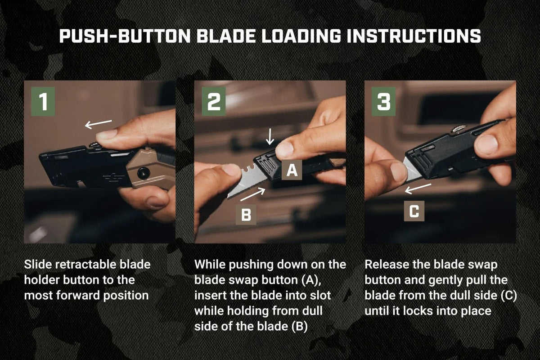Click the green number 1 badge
(x=43, y=102)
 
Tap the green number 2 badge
(x=214, y=102)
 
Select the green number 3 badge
(x=383, y=102)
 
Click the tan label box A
(x=292, y=170)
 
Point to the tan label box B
(x=246, y=215)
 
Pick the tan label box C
(x=414, y=211)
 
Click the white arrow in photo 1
(x=99, y=124)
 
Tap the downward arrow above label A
(x=270, y=136)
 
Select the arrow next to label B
(x=253, y=194)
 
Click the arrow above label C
(x=418, y=189)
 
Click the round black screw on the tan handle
(x=144, y=173)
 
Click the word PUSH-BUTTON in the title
(x=125, y=36)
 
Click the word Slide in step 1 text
(x=38, y=264)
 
